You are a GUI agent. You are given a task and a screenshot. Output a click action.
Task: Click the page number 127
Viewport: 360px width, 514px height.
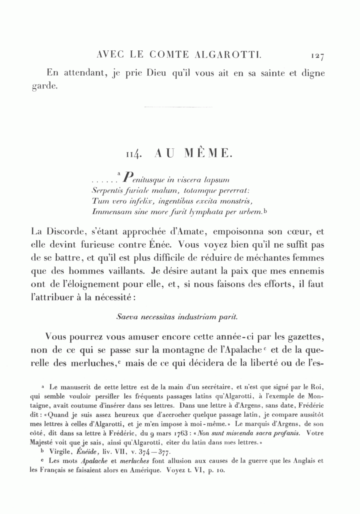tap(316, 56)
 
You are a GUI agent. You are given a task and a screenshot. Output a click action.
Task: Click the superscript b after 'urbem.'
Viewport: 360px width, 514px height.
tap(266, 208)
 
